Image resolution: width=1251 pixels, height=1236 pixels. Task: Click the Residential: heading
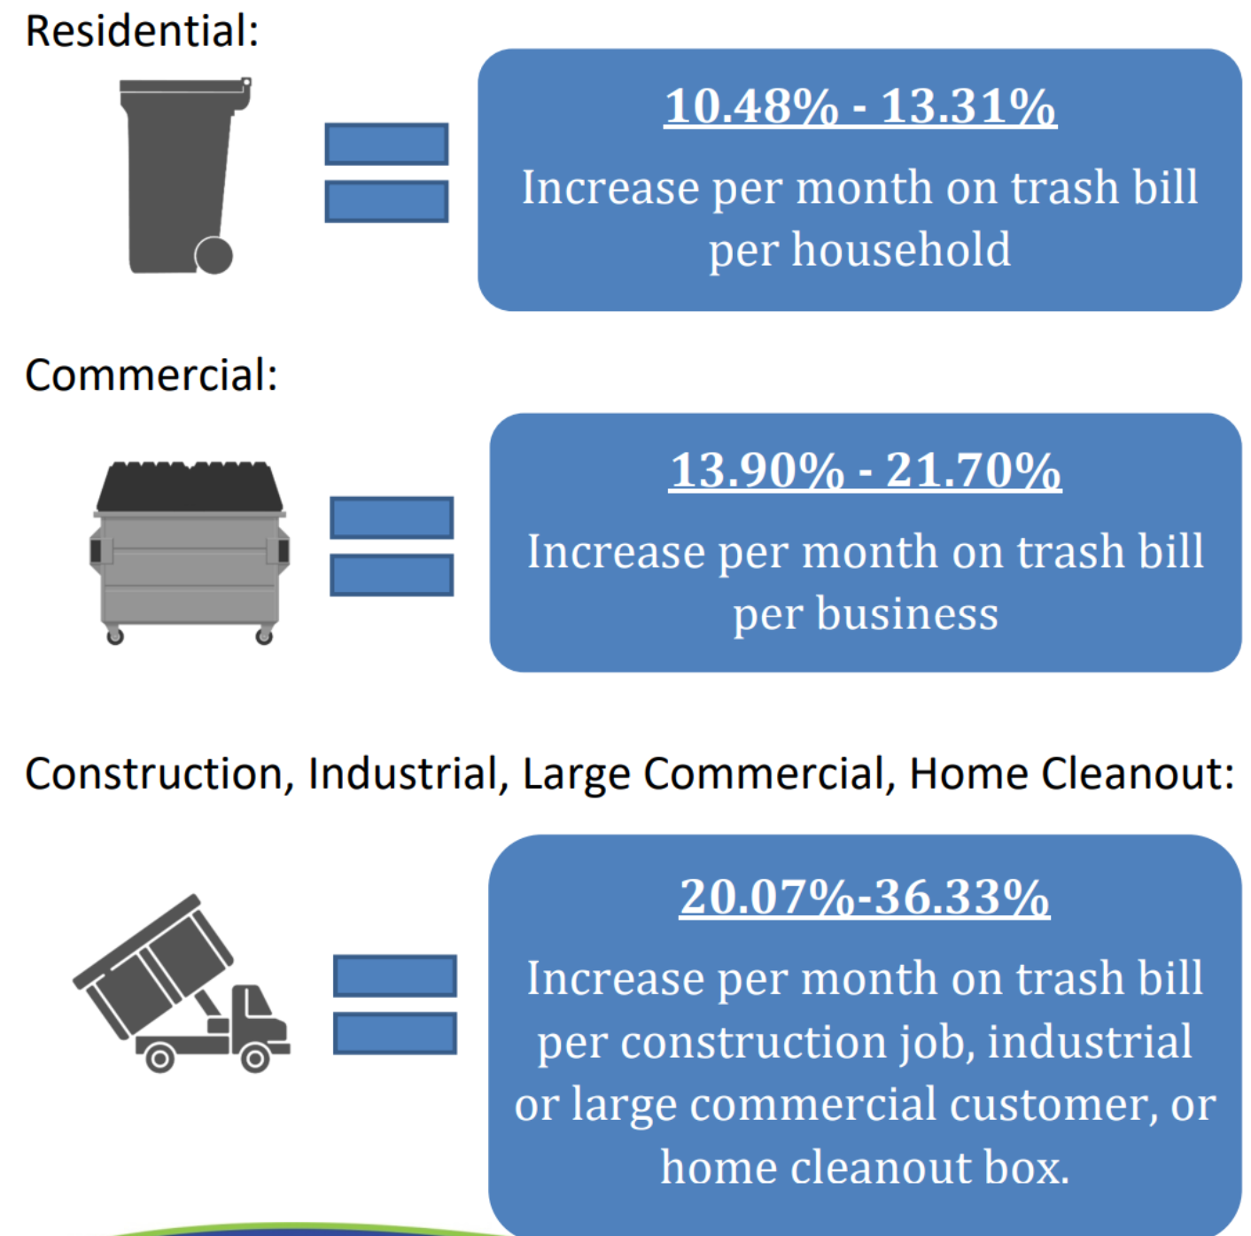(x=142, y=30)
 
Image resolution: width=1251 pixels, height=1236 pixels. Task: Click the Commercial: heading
(x=152, y=375)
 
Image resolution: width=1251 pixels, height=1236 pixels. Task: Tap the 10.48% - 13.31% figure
(x=860, y=105)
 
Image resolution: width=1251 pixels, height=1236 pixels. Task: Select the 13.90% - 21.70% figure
(x=866, y=470)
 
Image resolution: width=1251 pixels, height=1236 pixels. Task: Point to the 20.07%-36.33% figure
(x=865, y=897)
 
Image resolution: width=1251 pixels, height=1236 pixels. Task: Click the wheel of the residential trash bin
(x=214, y=256)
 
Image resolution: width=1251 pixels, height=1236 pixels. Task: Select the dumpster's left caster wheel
(x=115, y=636)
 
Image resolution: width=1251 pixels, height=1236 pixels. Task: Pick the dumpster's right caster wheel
(x=264, y=636)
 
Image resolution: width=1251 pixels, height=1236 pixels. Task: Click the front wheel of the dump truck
(x=255, y=1059)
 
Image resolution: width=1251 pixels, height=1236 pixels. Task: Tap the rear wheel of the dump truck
(x=159, y=1059)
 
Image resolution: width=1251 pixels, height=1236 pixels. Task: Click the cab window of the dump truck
(x=259, y=1002)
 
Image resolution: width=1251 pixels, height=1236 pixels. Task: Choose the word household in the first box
(x=901, y=249)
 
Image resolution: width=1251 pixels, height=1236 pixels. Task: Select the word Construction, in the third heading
(x=159, y=774)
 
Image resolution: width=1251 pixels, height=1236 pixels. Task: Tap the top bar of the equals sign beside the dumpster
(x=392, y=517)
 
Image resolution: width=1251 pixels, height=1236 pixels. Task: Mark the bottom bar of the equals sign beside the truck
(x=395, y=1033)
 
